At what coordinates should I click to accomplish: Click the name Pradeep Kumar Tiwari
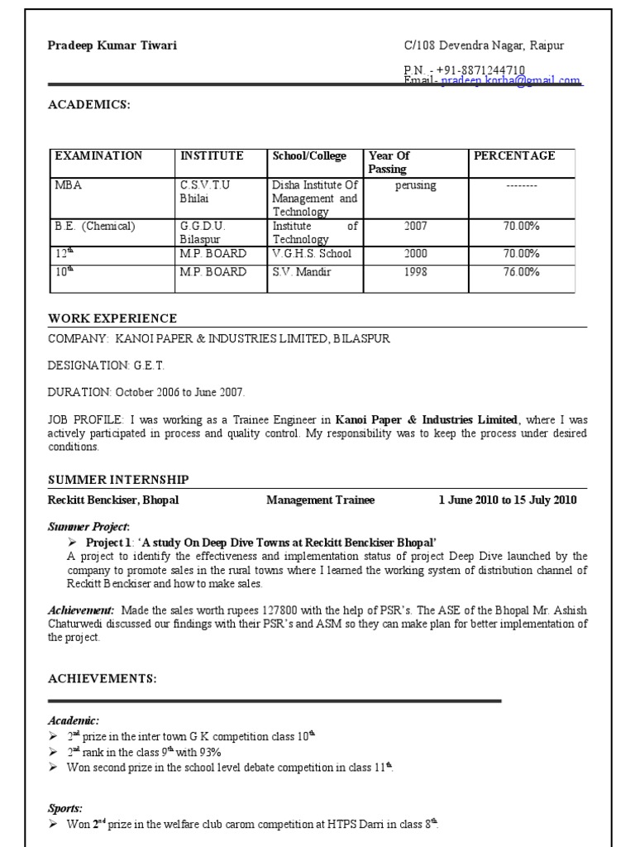pyautogui.click(x=112, y=45)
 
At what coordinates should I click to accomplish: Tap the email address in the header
pyautogui.click(x=510, y=81)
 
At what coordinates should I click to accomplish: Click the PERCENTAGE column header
pyautogui.click(x=513, y=156)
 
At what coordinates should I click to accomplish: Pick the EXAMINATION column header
pyautogui.click(x=98, y=156)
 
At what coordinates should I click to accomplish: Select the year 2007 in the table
pyautogui.click(x=415, y=225)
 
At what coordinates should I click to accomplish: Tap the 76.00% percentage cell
pyautogui.click(x=521, y=271)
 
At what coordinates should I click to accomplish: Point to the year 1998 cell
pyautogui.click(x=415, y=271)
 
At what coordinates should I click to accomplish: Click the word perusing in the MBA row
pyautogui.click(x=415, y=186)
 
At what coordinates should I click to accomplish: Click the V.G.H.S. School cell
pyautogui.click(x=312, y=254)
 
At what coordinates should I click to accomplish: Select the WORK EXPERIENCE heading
pyautogui.click(x=112, y=318)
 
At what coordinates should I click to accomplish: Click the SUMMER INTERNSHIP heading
pyautogui.click(x=118, y=480)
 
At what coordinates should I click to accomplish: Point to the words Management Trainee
pyautogui.click(x=320, y=500)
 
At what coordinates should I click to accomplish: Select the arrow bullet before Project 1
pyautogui.click(x=72, y=543)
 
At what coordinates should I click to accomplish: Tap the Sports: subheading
pyautogui.click(x=65, y=808)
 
